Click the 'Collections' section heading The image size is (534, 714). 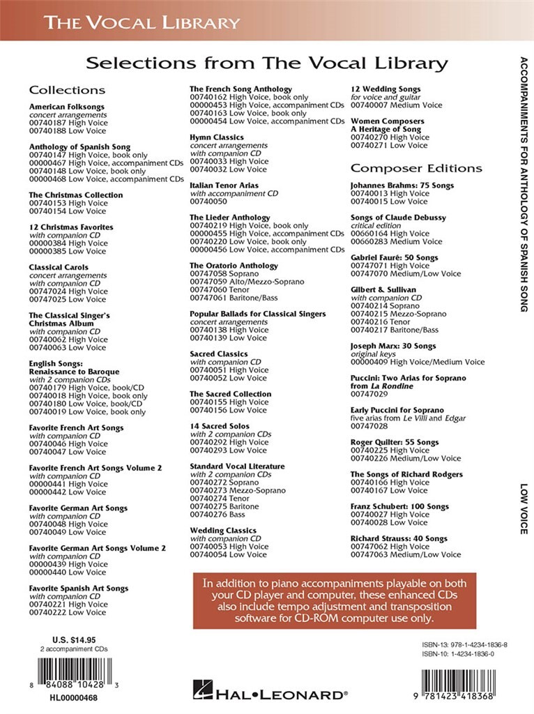tap(67, 90)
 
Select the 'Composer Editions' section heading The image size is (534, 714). tap(415, 168)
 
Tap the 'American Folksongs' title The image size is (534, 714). tap(66, 106)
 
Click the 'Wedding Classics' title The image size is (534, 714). tap(223, 531)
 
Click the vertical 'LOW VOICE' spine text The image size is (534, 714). tap(524, 508)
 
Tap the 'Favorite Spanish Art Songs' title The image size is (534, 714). tap(79, 588)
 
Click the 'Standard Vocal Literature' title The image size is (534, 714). tap(237, 466)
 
